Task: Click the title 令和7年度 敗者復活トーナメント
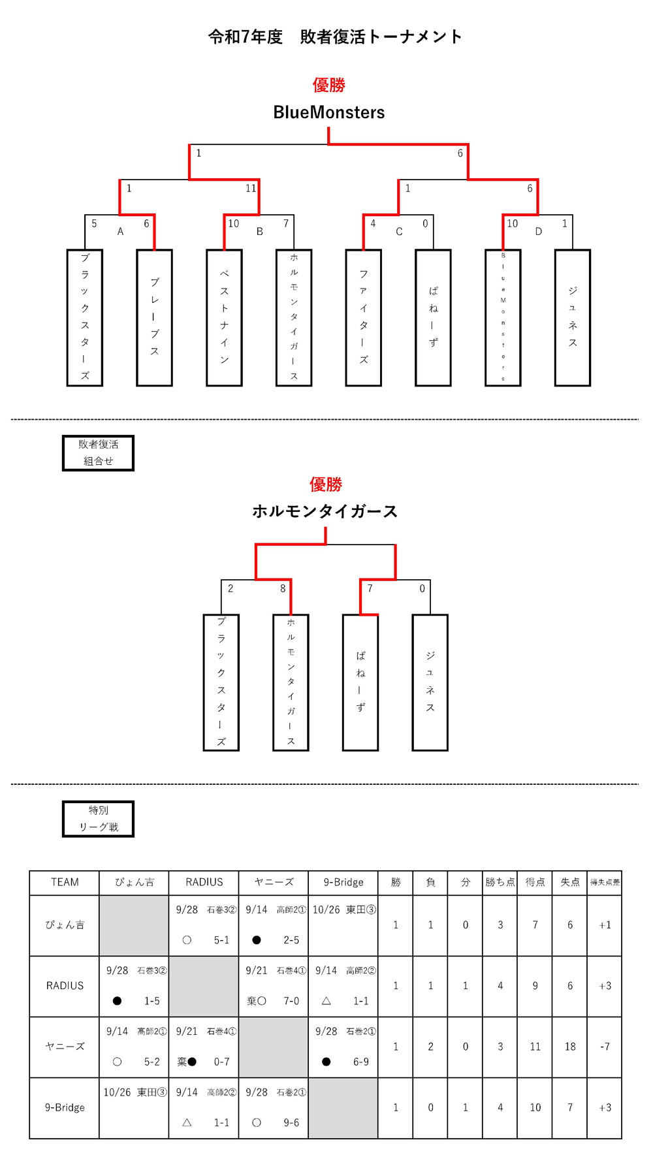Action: click(334, 37)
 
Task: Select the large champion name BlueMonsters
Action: click(328, 112)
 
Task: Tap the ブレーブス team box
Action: click(155, 317)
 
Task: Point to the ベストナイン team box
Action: click(224, 317)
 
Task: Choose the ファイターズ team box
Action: click(364, 317)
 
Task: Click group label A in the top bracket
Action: click(120, 231)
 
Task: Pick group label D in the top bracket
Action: click(539, 231)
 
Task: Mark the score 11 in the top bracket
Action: click(251, 189)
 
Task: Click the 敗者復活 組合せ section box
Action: click(99, 452)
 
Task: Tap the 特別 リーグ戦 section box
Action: click(99, 819)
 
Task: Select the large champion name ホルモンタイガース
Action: click(325, 511)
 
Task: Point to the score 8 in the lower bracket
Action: click(283, 588)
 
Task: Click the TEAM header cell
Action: click(65, 882)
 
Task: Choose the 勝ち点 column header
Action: click(500, 882)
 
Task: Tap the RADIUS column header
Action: click(204, 882)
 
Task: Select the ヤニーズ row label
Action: click(65, 1047)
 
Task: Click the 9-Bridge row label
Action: click(65, 1107)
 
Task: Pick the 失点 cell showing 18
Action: click(570, 1047)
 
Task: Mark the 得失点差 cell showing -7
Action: click(605, 1047)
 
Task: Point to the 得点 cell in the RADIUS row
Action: click(535, 986)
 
